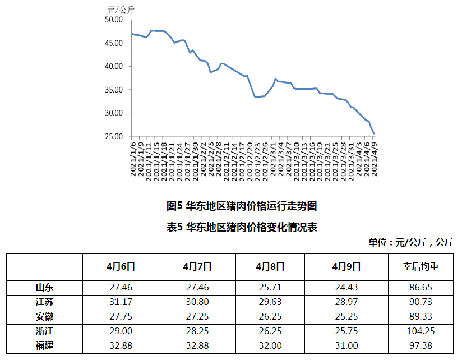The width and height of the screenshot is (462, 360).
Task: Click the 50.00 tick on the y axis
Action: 114,20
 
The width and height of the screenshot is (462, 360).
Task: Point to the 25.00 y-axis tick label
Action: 114,136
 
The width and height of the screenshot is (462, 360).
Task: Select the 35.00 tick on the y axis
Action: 114,90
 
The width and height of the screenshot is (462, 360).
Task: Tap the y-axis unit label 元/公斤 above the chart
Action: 121,9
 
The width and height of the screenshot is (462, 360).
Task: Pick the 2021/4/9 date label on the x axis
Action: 373,160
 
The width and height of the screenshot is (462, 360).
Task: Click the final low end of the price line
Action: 374,133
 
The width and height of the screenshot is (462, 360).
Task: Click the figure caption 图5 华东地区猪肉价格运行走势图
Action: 242,206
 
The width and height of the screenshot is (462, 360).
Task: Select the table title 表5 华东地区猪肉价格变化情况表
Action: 242,227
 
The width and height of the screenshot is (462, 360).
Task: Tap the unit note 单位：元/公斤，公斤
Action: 410,242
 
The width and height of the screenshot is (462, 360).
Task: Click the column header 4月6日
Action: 121,266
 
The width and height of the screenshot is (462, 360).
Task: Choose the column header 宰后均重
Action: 421,266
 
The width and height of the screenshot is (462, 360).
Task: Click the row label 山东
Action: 44,287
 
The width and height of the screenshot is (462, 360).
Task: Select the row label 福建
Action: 44,345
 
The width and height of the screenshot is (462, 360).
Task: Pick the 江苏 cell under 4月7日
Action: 197,302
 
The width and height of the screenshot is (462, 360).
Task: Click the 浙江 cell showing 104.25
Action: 421,331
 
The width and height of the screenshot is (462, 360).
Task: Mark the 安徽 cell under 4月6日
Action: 121,316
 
